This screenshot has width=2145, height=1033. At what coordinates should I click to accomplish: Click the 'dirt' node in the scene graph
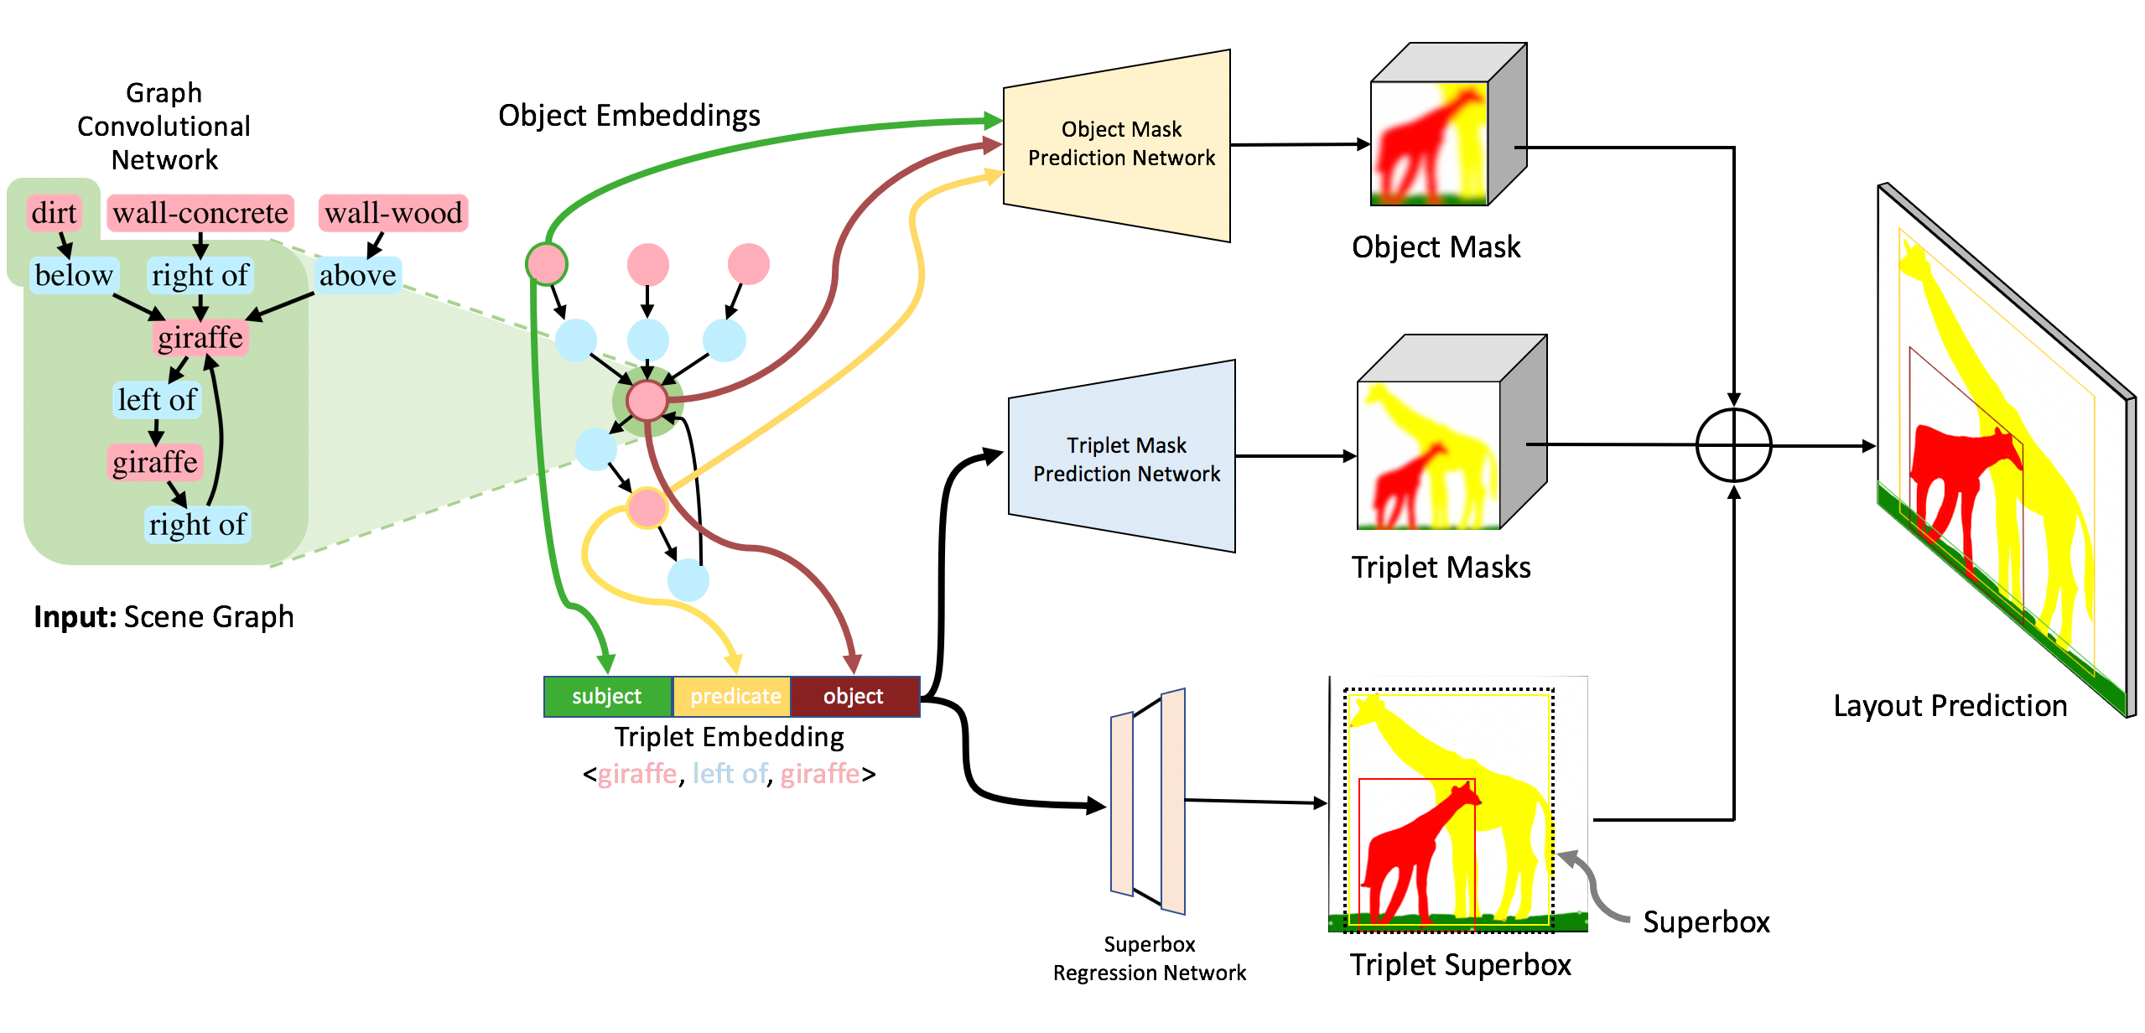click(x=54, y=213)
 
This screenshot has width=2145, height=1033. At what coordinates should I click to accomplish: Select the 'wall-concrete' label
click(x=200, y=213)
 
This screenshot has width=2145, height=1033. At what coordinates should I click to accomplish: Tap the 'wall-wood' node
click(x=393, y=213)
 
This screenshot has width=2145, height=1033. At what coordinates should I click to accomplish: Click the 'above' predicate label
click(x=358, y=275)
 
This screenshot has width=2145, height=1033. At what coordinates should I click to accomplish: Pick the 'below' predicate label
click(x=74, y=275)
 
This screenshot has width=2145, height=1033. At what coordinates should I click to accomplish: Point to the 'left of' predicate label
click(x=157, y=400)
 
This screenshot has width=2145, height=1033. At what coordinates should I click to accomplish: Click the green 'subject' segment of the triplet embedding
click(x=607, y=697)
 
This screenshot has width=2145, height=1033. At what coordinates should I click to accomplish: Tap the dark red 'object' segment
click(x=854, y=697)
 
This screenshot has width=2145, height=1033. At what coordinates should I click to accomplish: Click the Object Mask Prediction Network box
click(x=1120, y=144)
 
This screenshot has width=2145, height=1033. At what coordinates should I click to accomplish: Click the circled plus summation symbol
click(x=1733, y=445)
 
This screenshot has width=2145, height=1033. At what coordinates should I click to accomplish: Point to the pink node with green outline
click(x=547, y=264)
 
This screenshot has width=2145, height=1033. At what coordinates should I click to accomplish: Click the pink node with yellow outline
click(x=647, y=507)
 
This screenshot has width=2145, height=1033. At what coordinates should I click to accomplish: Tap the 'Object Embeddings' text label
click(x=629, y=116)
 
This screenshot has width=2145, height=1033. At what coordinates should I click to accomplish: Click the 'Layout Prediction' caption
click(x=1950, y=706)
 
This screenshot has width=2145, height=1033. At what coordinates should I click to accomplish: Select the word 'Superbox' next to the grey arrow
click(x=1706, y=922)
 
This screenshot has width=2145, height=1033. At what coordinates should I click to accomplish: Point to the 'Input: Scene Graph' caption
click(x=164, y=617)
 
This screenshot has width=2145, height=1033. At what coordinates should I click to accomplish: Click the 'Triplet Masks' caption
click(x=1441, y=568)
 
